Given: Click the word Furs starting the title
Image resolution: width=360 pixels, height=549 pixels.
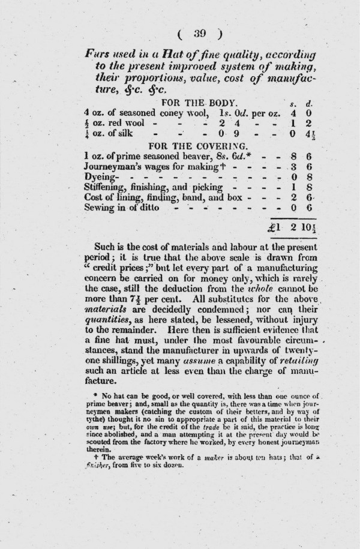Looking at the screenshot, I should tap(98, 53).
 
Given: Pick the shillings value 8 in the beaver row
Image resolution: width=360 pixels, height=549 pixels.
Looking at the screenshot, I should tap(292, 156).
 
